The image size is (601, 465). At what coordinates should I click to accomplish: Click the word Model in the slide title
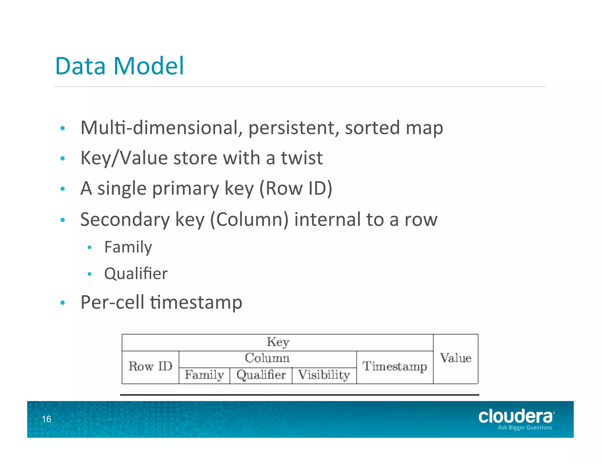tap(149, 66)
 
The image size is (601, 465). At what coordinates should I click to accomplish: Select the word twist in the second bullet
tap(302, 158)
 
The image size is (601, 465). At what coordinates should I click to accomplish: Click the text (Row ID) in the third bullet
tap(296, 188)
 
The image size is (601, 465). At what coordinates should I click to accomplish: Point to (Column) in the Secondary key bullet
tap(249, 220)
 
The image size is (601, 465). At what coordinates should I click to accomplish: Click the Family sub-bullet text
tap(128, 247)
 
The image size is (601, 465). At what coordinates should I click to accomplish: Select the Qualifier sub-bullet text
tap(136, 274)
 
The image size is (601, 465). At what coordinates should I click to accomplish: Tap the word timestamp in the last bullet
tap(196, 302)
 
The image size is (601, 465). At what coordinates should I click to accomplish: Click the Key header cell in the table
tap(278, 342)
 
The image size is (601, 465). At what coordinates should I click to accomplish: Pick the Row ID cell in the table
tap(150, 367)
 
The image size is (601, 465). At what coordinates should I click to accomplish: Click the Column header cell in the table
tap(267, 358)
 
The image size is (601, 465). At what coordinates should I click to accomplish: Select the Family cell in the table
tap(204, 375)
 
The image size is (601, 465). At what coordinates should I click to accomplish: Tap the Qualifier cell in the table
tap(261, 375)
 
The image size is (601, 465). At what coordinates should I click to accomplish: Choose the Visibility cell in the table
tap(324, 375)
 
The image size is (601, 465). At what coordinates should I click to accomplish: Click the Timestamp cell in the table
tap(395, 367)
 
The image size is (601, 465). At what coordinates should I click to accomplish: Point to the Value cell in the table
tap(456, 358)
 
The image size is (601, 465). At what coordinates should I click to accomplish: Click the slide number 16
tap(46, 419)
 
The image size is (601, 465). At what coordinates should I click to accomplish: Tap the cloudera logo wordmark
tap(515, 416)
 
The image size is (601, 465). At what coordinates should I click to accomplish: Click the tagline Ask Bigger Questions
tap(525, 428)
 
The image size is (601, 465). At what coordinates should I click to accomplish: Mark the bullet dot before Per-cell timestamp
tap(63, 303)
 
